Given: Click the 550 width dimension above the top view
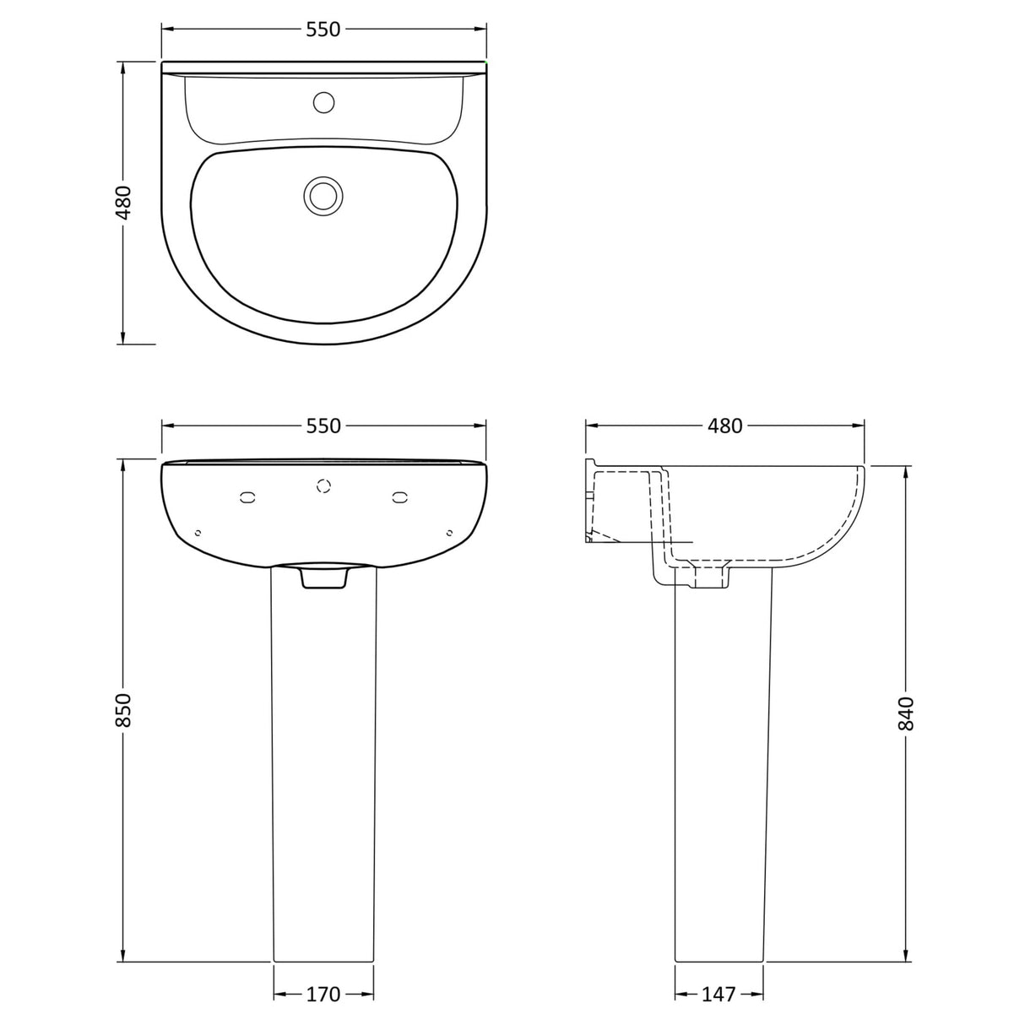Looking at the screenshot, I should pyautogui.click(x=323, y=30).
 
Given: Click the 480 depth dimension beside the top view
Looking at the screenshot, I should pyautogui.click(x=124, y=203).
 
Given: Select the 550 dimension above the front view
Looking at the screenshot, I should pyautogui.click(x=323, y=426).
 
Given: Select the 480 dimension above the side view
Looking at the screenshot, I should pyautogui.click(x=725, y=426).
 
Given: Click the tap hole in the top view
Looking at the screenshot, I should pyautogui.click(x=323, y=103).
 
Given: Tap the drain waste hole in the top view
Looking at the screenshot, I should pyautogui.click(x=323, y=195).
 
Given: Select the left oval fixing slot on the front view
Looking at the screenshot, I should pyautogui.click(x=247, y=498).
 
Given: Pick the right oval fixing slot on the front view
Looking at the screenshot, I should pyautogui.click(x=399, y=498).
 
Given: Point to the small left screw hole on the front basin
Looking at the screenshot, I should pyautogui.click(x=198, y=532).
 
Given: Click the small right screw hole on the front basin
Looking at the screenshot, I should pyautogui.click(x=449, y=532).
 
